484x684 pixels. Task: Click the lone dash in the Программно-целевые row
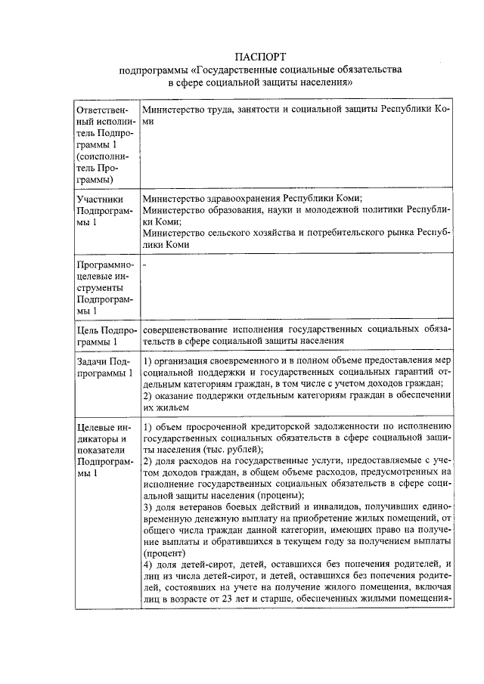[144, 265]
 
